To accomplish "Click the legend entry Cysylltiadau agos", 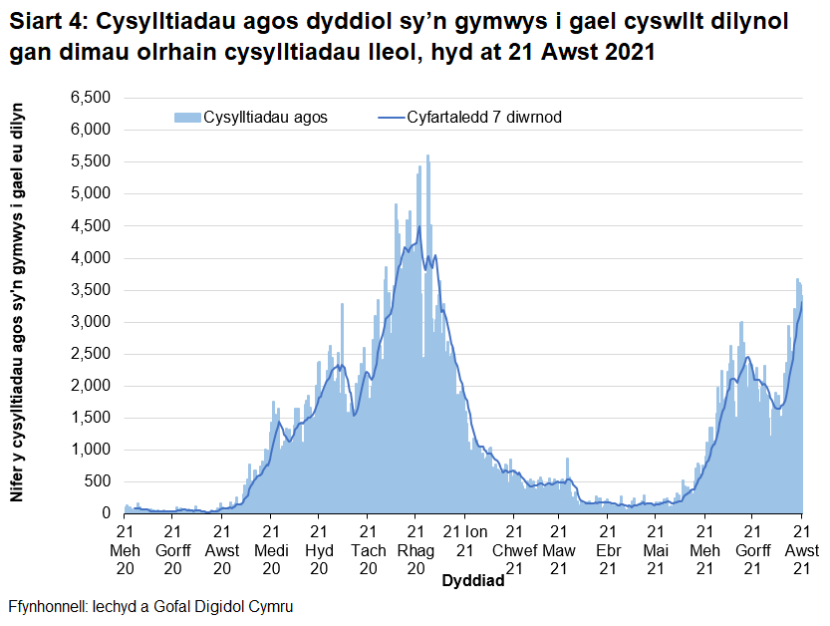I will pos(265,117).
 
